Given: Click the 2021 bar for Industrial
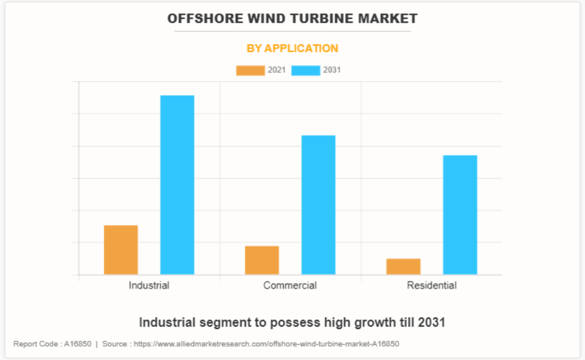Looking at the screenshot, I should [121, 250].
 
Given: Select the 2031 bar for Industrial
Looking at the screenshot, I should [177, 184].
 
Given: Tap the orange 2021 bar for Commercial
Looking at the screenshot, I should [262, 260].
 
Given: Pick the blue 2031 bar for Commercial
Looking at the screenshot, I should [318, 205].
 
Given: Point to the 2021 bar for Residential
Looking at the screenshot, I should [403, 266].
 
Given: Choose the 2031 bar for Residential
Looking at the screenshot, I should [459, 215].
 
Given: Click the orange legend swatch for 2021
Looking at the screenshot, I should [250, 71].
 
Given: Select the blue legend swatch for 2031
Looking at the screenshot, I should [305, 71].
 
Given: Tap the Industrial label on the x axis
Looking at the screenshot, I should [149, 285].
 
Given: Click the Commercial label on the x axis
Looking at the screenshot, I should [290, 285].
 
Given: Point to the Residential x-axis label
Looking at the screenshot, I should [431, 285].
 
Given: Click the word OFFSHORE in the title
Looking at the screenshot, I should [199, 19].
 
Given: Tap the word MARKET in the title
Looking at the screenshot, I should [389, 19].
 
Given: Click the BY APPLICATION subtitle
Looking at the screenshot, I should [292, 48].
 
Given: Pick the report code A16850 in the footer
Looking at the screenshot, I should [78, 344].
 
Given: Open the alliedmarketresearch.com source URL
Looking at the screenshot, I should [266, 344].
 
